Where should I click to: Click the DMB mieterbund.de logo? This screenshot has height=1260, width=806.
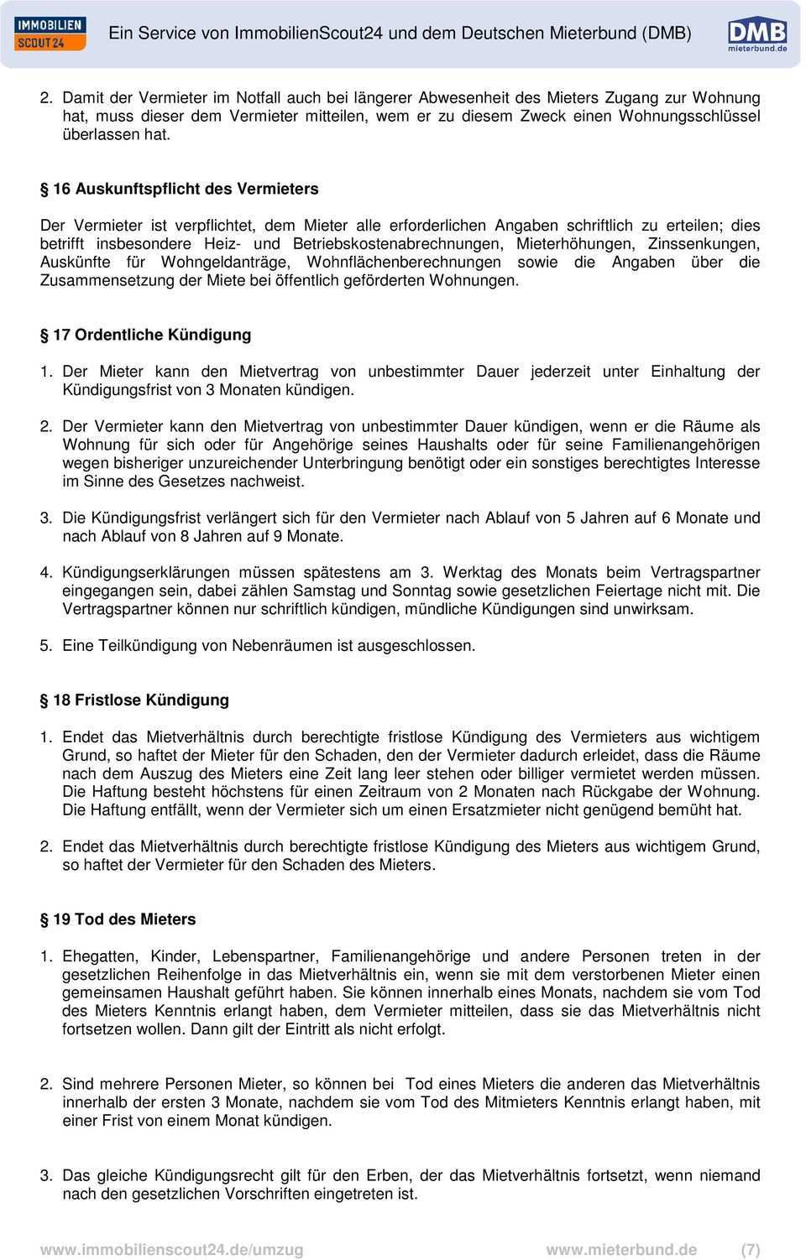point(756,35)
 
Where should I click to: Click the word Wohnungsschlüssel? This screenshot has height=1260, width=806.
point(689,117)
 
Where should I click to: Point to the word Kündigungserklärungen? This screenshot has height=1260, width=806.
point(145,573)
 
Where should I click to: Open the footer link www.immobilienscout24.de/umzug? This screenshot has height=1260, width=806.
point(172,1249)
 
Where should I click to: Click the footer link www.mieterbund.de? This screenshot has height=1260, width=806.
point(621,1249)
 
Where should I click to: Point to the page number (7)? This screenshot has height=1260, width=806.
point(750,1249)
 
